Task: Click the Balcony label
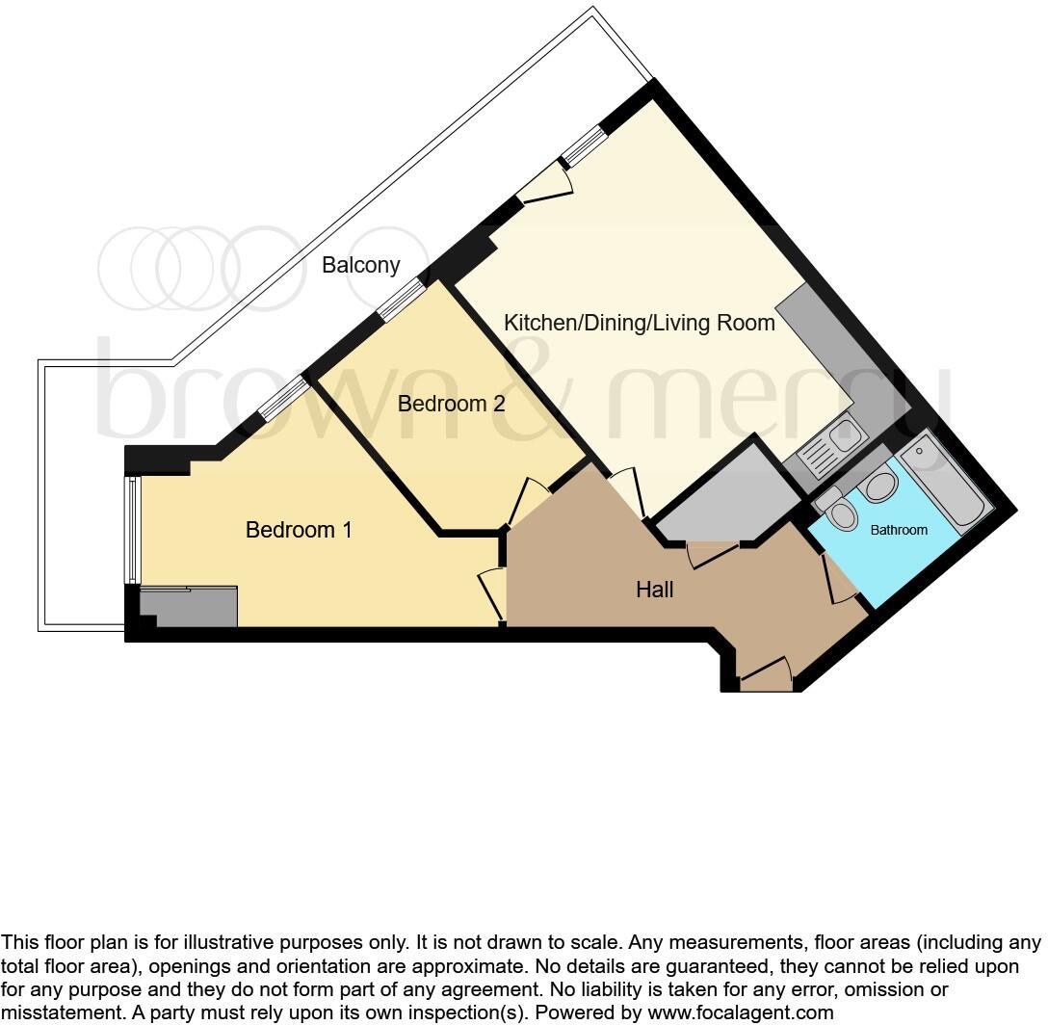tap(361, 265)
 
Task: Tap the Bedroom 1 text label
tap(299, 530)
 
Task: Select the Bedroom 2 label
tap(451, 404)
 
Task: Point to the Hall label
tap(654, 590)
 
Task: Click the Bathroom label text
tap(899, 530)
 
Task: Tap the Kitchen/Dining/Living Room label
tap(640, 323)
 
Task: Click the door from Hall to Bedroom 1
tap(494, 593)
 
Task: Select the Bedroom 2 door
tap(527, 501)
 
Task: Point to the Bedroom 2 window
tap(400, 300)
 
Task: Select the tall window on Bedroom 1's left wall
tap(133, 530)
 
